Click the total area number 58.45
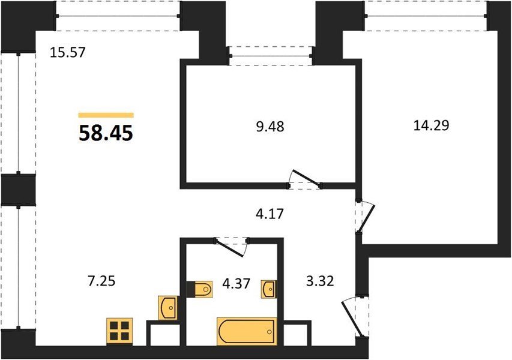point(106,133)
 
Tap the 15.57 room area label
point(68,52)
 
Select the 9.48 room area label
point(270,127)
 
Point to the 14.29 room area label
point(432,125)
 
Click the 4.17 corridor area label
point(270,214)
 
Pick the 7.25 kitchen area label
point(101,280)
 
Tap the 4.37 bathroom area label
point(236,283)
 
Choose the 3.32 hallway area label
point(320,281)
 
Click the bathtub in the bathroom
point(247,331)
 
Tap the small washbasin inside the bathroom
point(268,289)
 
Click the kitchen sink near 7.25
point(168,308)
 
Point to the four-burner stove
point(119,331)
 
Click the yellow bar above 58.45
point(106,115)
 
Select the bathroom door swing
point(232,247)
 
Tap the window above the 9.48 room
point(271,56)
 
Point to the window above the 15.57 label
point(118,16)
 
